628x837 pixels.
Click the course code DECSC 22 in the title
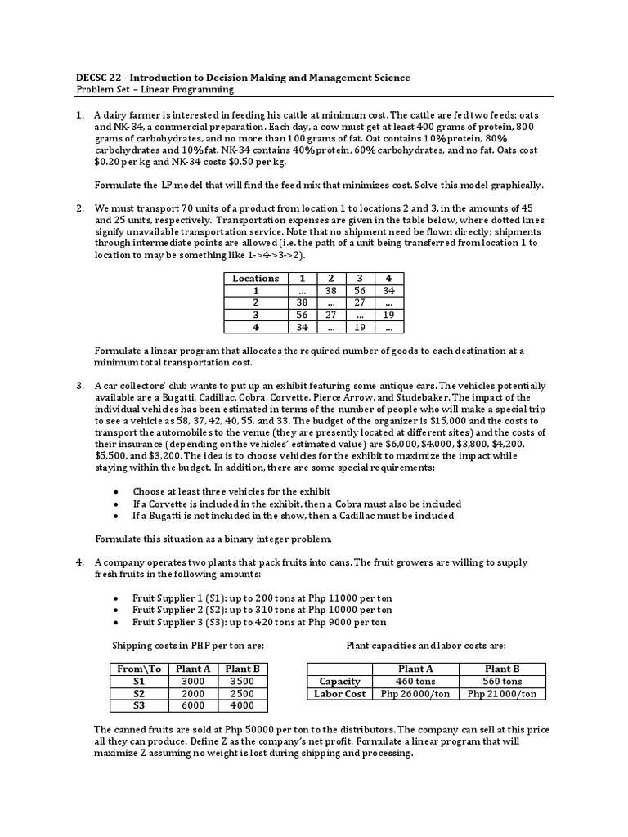click(101, 78)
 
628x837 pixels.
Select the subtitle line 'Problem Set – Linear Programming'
click(155, 90)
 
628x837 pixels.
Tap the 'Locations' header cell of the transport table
click(255, 278)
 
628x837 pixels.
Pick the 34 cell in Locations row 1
click(388, 290)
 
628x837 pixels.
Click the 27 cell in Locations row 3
click(331, 314)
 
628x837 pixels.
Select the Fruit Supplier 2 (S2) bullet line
click(262, 610)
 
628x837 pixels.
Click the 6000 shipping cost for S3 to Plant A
click(193, 705)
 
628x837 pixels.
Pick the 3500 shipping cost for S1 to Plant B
click(243, 681)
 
